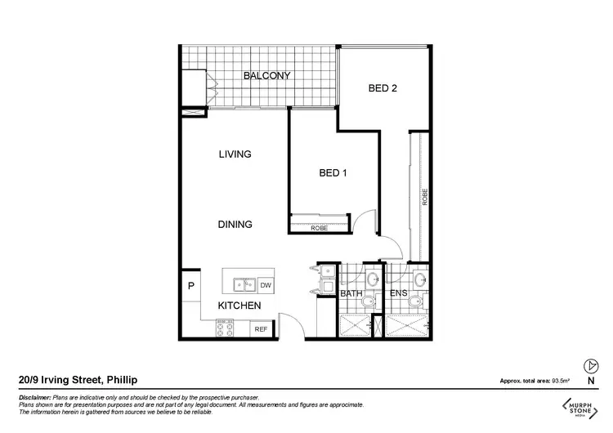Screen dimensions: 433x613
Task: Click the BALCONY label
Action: (267, 76)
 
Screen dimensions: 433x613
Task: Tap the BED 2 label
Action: (382, 89)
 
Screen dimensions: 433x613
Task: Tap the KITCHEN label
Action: (239, 306)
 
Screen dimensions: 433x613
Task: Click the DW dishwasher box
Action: (265, 285)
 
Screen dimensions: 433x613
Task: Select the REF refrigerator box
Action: (261, 329)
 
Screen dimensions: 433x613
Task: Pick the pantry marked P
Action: (190, 286)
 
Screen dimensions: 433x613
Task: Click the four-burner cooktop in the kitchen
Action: (225, 329)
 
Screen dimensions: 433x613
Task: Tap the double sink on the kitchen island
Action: (243, 285)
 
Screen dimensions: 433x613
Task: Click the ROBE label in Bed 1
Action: (320, 229)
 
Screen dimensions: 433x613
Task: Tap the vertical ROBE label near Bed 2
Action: (424, 197)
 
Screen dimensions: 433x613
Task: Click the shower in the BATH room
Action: (354, 326)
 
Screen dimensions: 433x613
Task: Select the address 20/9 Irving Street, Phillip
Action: (77, 380)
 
